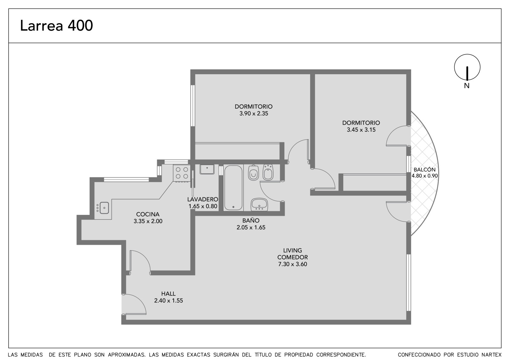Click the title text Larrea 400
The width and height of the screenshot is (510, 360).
[56, 25]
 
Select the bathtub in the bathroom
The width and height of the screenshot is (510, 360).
[233, 188]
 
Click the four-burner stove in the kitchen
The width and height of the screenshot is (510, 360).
[182, 173]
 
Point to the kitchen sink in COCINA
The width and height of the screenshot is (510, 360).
[103, 208]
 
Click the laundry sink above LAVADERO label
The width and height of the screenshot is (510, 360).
[207, 169]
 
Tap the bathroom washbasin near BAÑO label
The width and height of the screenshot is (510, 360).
[259, 204]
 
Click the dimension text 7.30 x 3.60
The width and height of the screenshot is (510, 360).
[293, 264]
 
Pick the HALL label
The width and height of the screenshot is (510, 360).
[169, 293]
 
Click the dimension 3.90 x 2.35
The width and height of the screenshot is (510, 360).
[254, 114]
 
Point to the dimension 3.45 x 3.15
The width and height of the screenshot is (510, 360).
[361, 130]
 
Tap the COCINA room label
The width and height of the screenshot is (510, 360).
[148, 214]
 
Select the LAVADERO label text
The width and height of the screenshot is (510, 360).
[203, 200]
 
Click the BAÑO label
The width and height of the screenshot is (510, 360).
[251, 220]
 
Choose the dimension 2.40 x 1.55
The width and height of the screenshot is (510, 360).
[169, 301]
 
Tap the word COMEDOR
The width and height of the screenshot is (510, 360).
[293, 257]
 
